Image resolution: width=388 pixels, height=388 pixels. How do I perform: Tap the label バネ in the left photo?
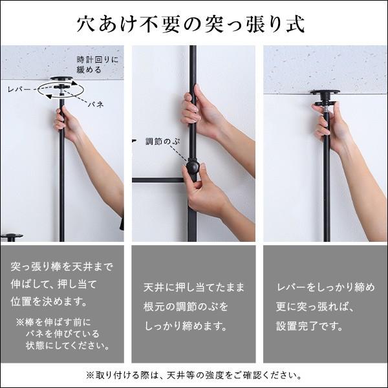pos(97,103)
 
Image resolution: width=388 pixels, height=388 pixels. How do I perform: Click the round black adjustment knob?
pos(192,170)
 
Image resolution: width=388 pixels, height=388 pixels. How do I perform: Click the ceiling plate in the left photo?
pos(62,80)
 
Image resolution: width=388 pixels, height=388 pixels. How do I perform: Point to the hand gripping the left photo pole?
pos(67,121)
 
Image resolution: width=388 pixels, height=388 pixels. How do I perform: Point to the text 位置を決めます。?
pos(48,302)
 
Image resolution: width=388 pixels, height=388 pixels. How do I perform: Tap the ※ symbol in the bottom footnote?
pos(89,375)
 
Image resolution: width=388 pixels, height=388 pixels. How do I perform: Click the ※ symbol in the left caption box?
pos(20,321)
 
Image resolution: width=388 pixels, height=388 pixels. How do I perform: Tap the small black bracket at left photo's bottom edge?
pos(11,237)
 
